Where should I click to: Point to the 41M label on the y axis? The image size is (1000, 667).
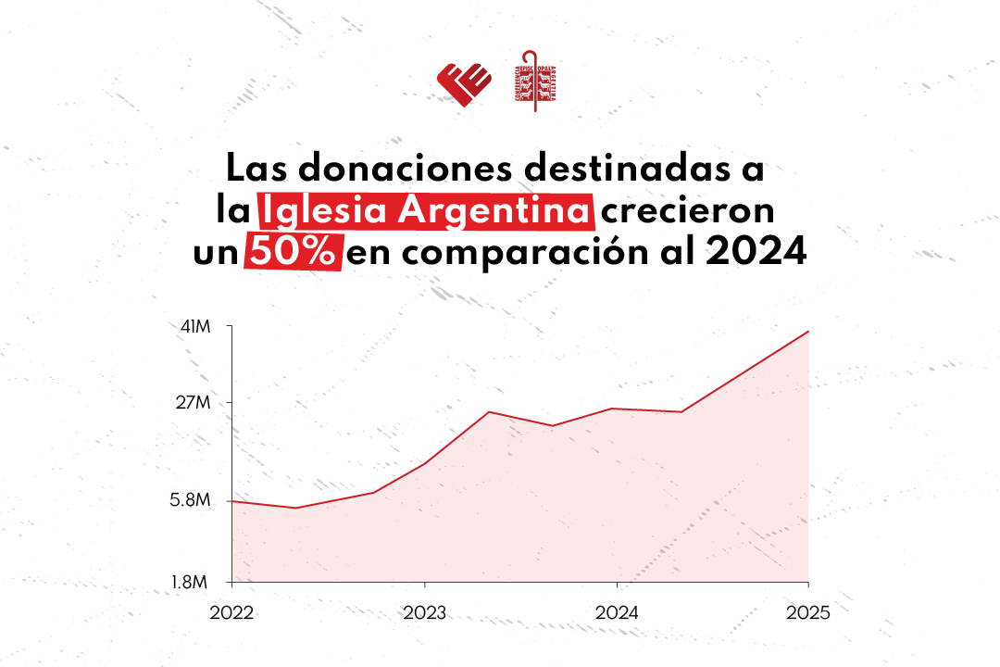tap(196, 327)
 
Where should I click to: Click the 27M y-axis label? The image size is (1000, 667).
tap(196, 403)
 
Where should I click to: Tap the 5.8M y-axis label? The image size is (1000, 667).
tap(193, 501)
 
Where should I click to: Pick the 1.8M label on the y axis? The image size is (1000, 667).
tap(193, 582)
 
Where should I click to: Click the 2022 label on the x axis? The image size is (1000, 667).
tap(231, 613)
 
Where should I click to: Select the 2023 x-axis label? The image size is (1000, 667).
tap(424, 613)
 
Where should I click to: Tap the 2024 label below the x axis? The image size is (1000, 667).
tap(617, 613)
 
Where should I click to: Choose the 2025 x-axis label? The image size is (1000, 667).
tap(808, 613)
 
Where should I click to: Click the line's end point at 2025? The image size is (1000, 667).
tap(808, 331)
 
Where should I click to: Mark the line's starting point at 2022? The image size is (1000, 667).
tap(231, 501)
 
